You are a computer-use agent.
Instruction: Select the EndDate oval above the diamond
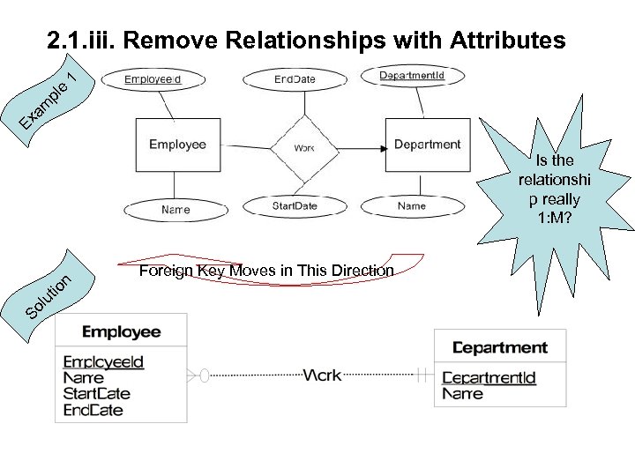tap(295, 79)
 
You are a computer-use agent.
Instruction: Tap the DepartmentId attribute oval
tap(412, 77)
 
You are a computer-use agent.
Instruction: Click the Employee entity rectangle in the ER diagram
tap(177, 145)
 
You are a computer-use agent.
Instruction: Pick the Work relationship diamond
tap(304, 147)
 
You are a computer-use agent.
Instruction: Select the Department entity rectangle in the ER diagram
tap(427, 145)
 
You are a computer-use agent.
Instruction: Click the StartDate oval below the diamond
tap(295, 206)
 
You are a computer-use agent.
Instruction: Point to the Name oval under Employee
tap(176, 210)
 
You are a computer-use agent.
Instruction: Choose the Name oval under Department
tap(411, 206)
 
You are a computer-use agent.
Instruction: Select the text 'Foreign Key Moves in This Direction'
tap(266, 271)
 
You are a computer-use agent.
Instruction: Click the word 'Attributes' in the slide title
tap(507, 40)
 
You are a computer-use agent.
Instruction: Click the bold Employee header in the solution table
tap(121, 332)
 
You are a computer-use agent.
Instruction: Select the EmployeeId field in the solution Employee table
tap(103, 362)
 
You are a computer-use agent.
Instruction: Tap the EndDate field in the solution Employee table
tap(93, 410)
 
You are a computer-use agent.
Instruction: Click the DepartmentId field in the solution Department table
tap(489, 378)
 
